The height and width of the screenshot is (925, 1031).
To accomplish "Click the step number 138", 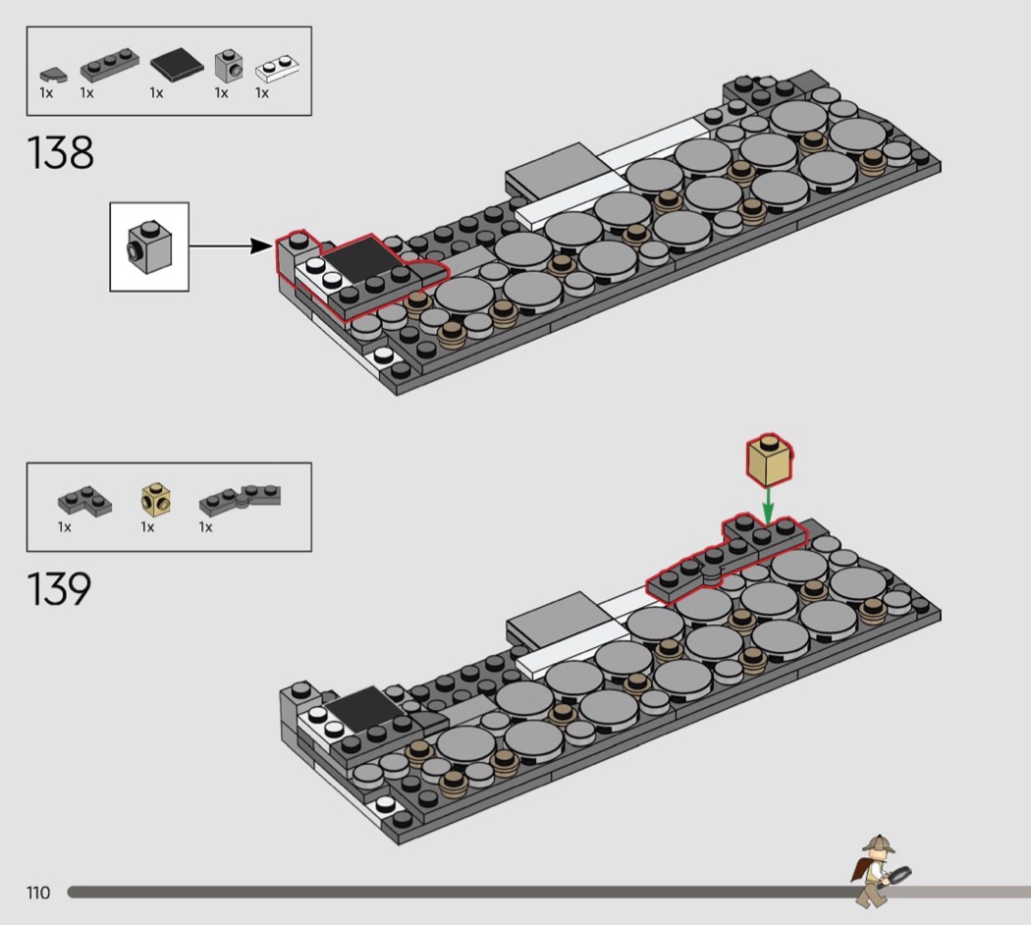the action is coord(61,152).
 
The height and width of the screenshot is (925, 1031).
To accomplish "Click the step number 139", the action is coord(59,588).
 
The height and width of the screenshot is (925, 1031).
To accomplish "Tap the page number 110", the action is coord(38,893).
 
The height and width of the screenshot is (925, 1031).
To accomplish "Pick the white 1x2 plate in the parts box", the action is coord(278,67).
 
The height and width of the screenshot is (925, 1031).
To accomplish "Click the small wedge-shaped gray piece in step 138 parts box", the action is coord(53,75).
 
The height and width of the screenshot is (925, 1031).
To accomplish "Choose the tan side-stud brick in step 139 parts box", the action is coord(156,500).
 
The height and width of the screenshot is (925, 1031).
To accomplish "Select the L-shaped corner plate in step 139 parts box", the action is coord(84,501).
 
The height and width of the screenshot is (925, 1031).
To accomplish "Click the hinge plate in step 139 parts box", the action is coord(240,501).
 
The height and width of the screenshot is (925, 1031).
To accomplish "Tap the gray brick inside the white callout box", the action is coord(150,247).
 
